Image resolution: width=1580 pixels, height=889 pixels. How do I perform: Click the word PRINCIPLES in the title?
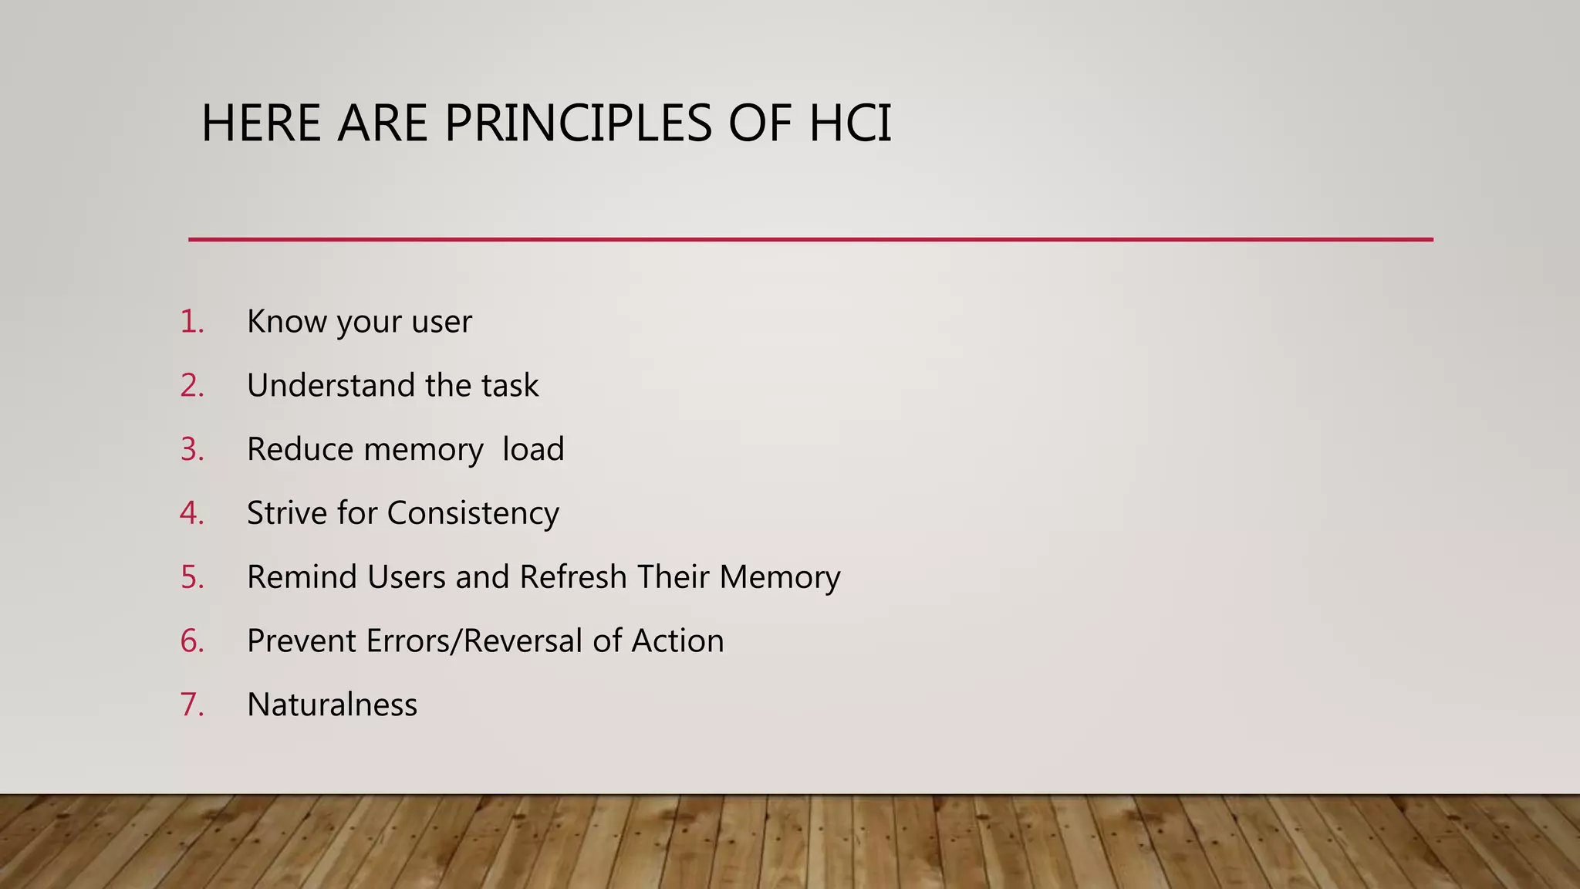tap(578, 123)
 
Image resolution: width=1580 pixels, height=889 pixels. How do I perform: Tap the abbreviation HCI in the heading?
tap(850, 123)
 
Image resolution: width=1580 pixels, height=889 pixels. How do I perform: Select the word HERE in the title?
tap(261, 123)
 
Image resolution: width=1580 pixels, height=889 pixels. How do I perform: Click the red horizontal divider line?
tap(810, 239)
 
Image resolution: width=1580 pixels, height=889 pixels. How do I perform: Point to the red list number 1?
tap(191, 322)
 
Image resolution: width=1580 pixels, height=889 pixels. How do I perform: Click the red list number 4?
tap(191, 513)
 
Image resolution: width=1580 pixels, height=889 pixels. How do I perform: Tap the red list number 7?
tap(191, 705)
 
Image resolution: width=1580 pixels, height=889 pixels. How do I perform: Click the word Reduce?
tap(300, 449)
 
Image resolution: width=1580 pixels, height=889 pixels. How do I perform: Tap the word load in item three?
tap(533, 449)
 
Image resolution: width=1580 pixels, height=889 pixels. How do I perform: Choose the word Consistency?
tap(473, 513)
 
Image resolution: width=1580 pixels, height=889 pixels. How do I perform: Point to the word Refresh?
tap(573, 577)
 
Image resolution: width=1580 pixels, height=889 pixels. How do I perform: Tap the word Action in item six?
tap(677, 641)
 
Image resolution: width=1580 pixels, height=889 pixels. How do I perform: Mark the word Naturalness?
tap(332, 705)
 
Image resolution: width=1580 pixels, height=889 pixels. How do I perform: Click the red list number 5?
tap(191, 577)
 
